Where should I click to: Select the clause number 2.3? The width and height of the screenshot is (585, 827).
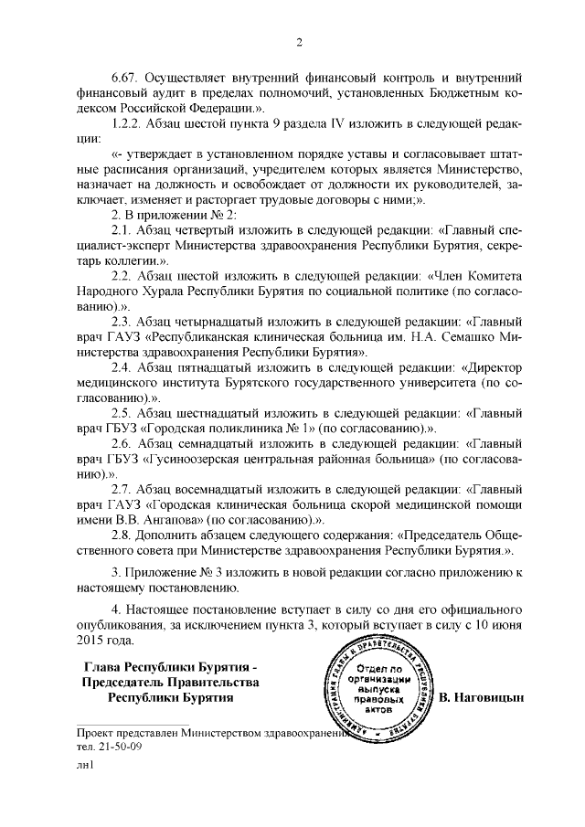pyautogui.click(x=122, y=323)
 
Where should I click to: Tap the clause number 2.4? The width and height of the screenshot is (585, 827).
pyautogui.click(x=122, y=371)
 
